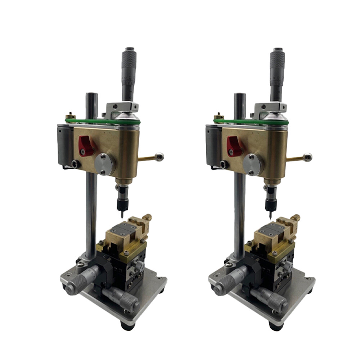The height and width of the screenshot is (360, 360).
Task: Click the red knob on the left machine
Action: [x=86, y=146]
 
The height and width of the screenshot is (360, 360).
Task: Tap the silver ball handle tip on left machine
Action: [x=159, y=157]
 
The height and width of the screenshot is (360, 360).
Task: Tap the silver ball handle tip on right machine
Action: [x=308, y=157]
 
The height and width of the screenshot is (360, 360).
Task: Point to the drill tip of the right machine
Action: [x=270, y=217]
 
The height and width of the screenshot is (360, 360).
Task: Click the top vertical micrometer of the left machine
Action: [x=129, y=72]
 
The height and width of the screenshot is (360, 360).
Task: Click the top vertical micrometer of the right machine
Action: [x=277, y=72]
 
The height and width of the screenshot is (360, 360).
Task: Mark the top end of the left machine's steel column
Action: [x=91, y=96]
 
